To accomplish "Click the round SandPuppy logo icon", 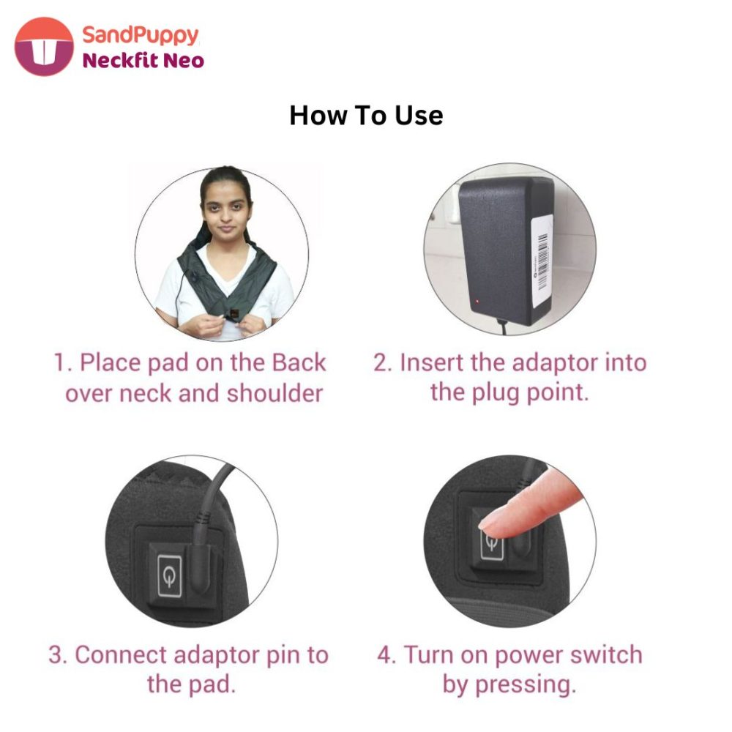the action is point(44,47).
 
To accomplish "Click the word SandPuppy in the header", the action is point(141,35).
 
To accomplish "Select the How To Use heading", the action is point(366,116).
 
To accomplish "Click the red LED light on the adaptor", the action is point(477,302).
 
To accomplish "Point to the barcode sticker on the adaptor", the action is point(542,261).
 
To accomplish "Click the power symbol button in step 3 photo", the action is point(170,576).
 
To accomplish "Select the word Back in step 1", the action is point(299,363).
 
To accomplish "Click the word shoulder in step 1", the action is point(274,393).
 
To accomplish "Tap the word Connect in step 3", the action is point(121,654).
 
